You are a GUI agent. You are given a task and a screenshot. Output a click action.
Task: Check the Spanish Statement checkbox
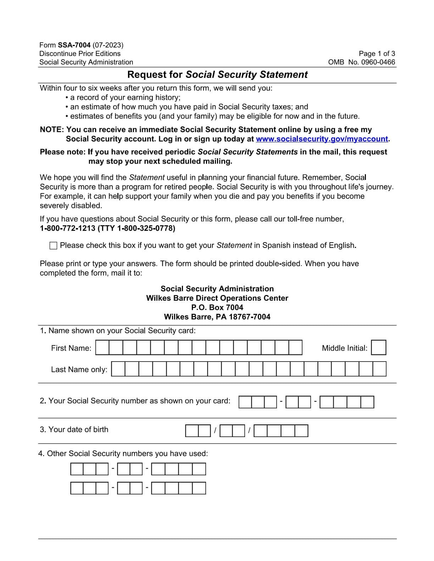54,246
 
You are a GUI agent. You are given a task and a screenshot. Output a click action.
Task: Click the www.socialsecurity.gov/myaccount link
322,139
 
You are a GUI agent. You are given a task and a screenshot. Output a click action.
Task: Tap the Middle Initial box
379,348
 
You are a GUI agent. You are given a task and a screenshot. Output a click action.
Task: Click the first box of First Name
102,348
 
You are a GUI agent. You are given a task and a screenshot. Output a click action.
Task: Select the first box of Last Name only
118,369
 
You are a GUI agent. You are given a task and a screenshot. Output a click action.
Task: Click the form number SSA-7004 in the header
74,45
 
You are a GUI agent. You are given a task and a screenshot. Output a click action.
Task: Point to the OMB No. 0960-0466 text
362,62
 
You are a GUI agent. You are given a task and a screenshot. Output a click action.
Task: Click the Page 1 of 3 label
377,54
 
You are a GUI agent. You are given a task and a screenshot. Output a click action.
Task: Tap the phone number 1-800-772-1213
67,228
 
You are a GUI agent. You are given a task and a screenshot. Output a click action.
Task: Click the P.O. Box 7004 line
217,307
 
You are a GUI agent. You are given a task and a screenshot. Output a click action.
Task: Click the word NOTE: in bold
52,130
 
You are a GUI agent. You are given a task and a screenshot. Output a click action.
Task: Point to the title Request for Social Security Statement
217,75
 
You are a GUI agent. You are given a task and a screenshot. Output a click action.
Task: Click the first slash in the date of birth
215,431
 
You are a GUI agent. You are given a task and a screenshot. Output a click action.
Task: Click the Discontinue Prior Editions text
80,54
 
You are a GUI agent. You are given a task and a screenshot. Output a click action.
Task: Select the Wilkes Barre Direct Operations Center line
217,298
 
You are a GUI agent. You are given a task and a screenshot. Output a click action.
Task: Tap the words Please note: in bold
62,152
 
